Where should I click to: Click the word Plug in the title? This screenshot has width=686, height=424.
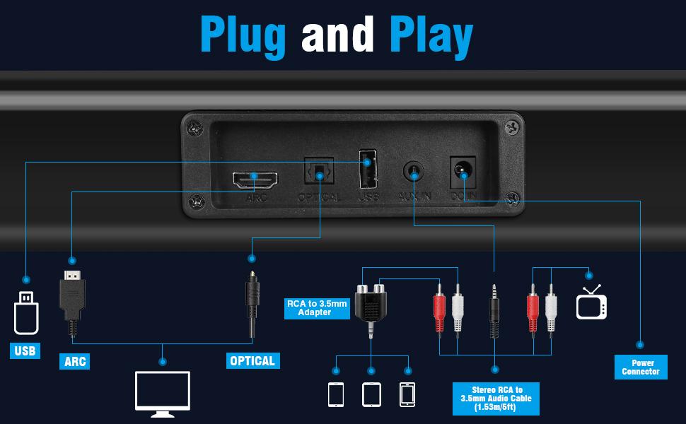tap(243, 35)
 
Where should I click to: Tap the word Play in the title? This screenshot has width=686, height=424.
tap(431, 35)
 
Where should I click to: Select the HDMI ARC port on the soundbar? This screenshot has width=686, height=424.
tap(255, 181)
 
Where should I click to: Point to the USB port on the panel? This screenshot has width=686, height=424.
tap(367, 170)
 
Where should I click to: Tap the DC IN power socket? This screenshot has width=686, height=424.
tap(463, 170)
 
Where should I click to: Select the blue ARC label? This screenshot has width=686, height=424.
tap(75, 361)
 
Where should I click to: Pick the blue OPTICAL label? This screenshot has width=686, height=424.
tap(252, 360)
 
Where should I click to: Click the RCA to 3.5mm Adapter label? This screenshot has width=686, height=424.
tap(317, 308)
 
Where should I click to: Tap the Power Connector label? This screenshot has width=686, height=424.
tap(641, 367)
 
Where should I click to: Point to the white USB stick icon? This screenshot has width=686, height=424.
tap(26, 312)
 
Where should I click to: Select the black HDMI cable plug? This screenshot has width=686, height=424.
tap(72, 297)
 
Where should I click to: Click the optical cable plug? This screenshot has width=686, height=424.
tap(251, 300)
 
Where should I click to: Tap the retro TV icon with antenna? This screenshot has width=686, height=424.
tap(591, 302)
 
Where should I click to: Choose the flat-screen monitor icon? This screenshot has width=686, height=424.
tap(163, 391)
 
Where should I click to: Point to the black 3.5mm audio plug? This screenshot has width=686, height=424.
tap(494, 307)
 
